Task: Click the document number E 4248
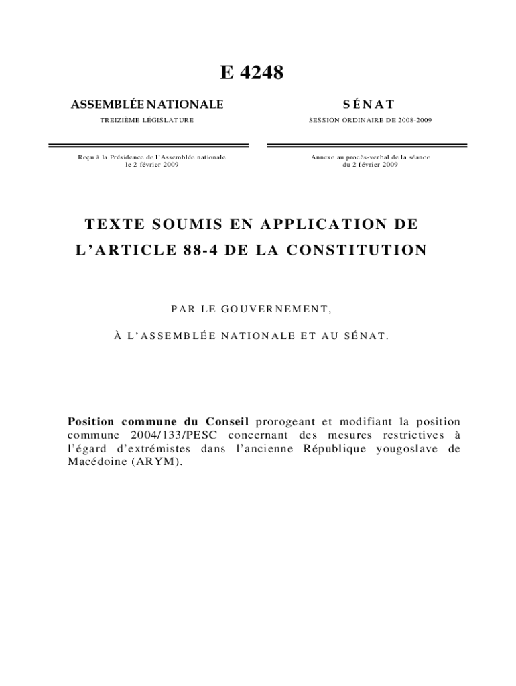252,72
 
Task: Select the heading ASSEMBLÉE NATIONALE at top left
147,104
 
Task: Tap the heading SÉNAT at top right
369,104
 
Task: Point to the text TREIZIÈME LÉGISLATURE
147,120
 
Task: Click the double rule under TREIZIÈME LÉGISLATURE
148,145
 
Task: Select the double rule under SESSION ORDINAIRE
367,145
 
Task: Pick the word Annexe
322,157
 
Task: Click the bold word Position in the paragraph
91,422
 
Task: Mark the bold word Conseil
224,422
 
